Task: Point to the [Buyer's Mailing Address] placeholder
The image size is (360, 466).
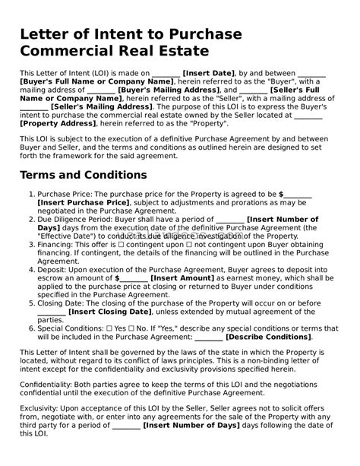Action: click(169, 90)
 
